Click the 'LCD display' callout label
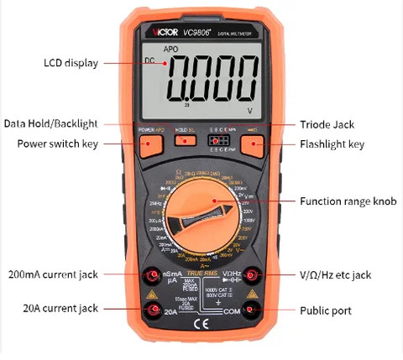click(71, 63)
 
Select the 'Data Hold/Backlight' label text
click(60, 123)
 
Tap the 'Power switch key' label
click(58, 143)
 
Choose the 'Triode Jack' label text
click(325, 124)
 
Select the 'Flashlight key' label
click(332, 144)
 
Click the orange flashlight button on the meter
click(254, 144)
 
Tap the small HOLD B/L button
click(185, 142)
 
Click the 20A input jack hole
click(153, 310)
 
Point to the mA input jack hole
click(153, 275)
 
